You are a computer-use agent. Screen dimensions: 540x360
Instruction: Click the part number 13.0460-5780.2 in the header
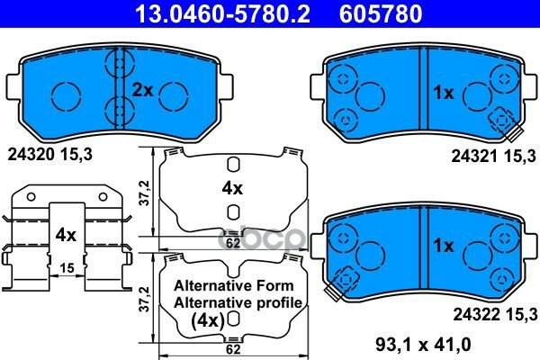click(x=223, y=13)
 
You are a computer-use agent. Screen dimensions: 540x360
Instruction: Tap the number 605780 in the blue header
click(x=381, y=13)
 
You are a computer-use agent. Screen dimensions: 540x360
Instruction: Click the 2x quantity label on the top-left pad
click(x=142, y=90)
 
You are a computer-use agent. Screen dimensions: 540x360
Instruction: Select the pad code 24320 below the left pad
click(x=31, y=155)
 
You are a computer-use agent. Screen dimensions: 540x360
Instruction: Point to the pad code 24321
click(x=474, y=157)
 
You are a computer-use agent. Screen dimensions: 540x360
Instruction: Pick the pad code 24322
click(x=476, y=314)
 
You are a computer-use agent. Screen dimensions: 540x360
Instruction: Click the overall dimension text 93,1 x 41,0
click(x=423, y=344)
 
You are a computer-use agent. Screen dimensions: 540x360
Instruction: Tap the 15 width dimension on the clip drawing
click(x=67, y=267)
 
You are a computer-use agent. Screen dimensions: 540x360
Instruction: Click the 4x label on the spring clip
click(x=66, y=235)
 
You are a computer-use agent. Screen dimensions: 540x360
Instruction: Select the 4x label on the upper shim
click(x=232, y=188)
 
